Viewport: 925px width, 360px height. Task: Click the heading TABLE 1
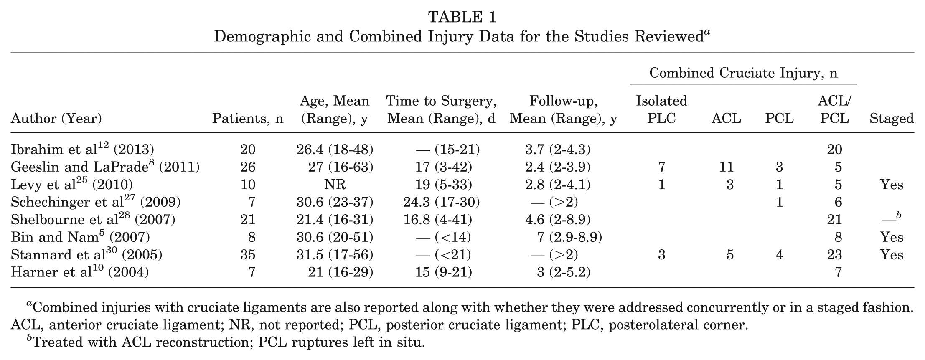(462, 17)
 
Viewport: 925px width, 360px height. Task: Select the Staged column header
(892, 119)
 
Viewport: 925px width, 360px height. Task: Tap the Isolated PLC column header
(661, 109)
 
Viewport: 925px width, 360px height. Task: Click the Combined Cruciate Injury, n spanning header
(744, 73)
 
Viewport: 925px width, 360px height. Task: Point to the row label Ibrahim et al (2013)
(82, 149)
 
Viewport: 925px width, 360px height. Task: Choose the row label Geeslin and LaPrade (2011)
(105, 167)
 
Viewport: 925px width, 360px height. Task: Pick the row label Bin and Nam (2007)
(80, 237)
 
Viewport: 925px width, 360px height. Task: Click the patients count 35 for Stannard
(248, 255)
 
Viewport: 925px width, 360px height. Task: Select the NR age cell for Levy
(335, 185)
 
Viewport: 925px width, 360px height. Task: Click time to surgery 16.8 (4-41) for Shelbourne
(437, 220)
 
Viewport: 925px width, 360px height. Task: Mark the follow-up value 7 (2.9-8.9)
(569, 237)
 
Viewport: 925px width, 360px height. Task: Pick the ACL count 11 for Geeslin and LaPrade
(727, 167)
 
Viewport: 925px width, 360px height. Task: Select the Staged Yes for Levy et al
(892, 185)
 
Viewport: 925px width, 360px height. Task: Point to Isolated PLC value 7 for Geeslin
(661, 167)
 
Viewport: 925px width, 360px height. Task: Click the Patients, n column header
(248, 119)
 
